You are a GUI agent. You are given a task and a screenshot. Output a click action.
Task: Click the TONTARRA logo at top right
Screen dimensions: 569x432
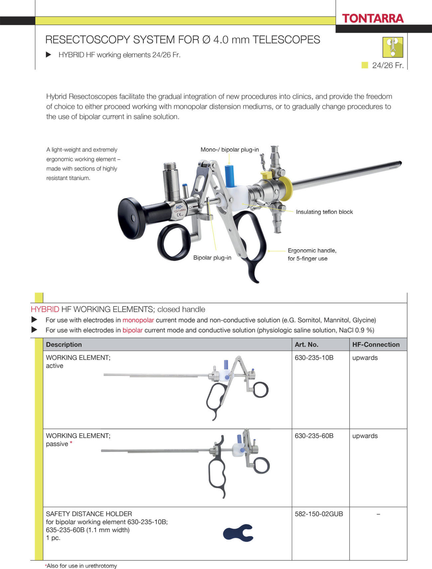(373, 18)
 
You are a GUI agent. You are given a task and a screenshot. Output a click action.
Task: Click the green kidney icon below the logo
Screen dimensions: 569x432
(392, 47)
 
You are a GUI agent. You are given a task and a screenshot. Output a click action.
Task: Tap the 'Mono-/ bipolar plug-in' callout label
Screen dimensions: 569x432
(229, 150)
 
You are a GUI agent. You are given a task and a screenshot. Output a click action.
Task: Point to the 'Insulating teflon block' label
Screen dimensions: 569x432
(324, 212)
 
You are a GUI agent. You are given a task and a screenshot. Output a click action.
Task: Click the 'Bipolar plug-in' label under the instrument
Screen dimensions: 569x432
(212, 258)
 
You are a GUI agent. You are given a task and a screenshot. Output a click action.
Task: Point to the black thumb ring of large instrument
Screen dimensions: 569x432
(173, 242)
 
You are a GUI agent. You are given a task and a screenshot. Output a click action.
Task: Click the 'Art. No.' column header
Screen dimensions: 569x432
(306, 345)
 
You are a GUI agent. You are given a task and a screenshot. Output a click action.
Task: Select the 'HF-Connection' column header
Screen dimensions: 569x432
(376, 345)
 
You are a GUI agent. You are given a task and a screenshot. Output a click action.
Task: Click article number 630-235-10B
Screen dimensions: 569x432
(314, 358)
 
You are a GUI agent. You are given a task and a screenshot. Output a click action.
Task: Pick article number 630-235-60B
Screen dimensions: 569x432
(314, 436)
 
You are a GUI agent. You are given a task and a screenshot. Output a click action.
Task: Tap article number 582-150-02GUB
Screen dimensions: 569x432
(318, 514)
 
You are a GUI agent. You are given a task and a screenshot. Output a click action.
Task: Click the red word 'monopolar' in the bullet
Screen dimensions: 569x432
(138, 320)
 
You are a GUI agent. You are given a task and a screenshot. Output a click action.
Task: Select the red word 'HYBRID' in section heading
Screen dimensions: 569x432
(45, 309)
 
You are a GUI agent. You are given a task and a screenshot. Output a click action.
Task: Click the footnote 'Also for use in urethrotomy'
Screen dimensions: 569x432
(81, 566)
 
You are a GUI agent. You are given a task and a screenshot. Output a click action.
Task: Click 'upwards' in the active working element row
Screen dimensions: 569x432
(365, 358)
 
